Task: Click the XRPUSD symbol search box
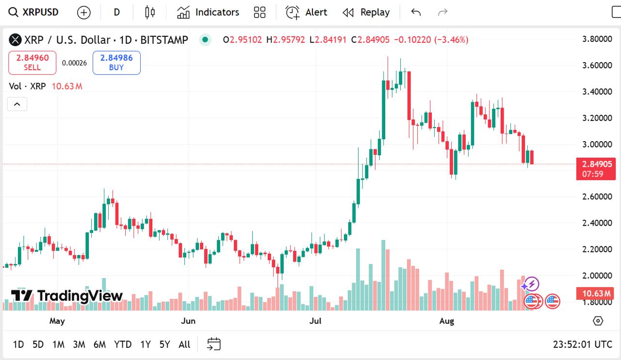[34, 12]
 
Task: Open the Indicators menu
[208, 12]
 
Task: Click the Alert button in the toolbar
[307, 12]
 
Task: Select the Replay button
[366, 12]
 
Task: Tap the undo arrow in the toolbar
[416, 12]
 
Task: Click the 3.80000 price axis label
[597, 39]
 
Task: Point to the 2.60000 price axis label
[597, 196]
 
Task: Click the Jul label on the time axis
[316, 321]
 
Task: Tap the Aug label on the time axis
[446, 321]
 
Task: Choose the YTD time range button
[123, 344]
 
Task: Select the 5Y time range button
[164, 344]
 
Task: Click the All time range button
[184, 344]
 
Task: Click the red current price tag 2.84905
[596, 164]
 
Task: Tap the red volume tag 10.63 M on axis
[596, 293]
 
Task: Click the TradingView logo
[67, 295]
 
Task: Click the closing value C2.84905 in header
[371, 40]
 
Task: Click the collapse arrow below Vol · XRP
[17, 104]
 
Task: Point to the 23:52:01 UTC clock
[582, 344]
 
